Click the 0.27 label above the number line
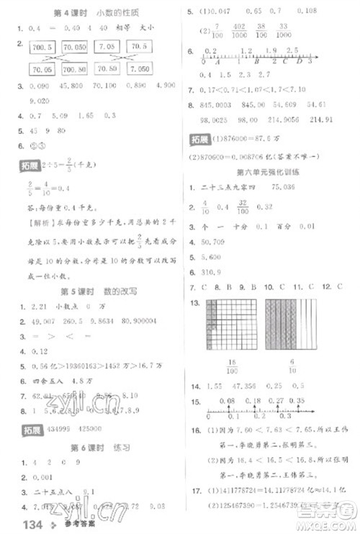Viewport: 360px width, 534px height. pos(275,399)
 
